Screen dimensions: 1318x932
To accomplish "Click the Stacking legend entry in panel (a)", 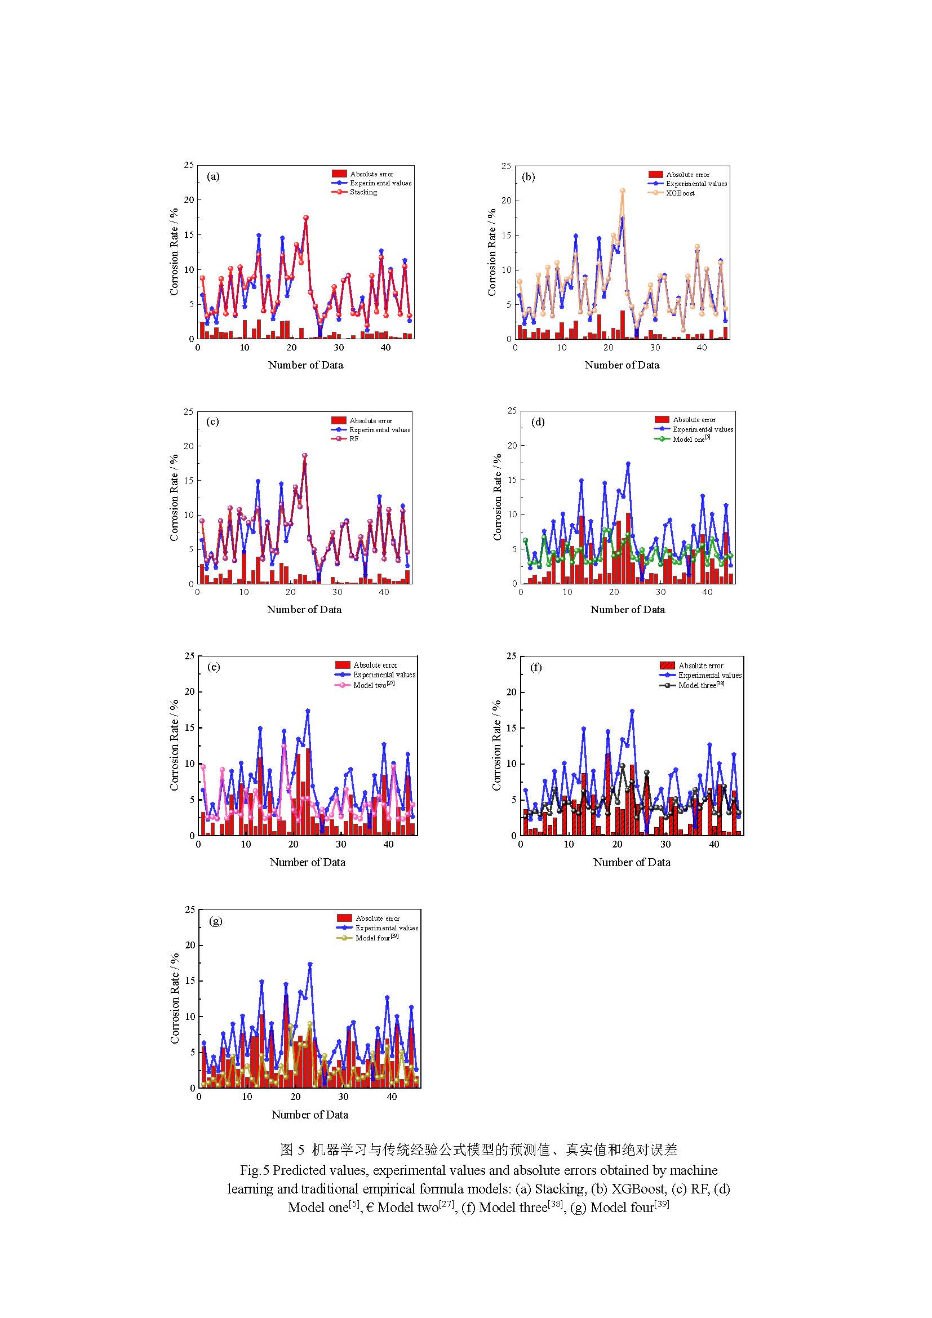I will (363, 192).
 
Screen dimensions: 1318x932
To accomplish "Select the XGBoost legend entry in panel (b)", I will (680, 193).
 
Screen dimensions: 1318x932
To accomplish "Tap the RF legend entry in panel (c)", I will (353, 438).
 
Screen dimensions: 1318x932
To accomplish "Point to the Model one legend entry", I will (690, 439).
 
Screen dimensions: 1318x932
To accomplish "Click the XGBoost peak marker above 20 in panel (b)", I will (622, 190).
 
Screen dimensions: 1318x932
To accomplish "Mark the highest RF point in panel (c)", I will (305, 456).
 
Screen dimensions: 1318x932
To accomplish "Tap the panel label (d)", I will (538, 422).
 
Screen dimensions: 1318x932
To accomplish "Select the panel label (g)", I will (215, 921).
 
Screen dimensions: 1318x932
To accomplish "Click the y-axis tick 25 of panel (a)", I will (189, 165).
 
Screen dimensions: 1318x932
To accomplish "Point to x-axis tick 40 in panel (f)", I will (714, 844).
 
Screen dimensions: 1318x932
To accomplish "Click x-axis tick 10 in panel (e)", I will (246, 844).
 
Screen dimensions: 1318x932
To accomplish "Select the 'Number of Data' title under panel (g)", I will (309, 1114).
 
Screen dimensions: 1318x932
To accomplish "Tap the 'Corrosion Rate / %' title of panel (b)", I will (492, 252).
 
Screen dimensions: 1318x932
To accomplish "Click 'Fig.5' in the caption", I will (254, 1170).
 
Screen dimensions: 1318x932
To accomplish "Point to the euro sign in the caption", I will (370, 1207).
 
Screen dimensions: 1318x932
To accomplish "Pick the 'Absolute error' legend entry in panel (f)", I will (700, 666).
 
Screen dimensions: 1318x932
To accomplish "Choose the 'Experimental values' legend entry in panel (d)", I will (703, 429).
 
